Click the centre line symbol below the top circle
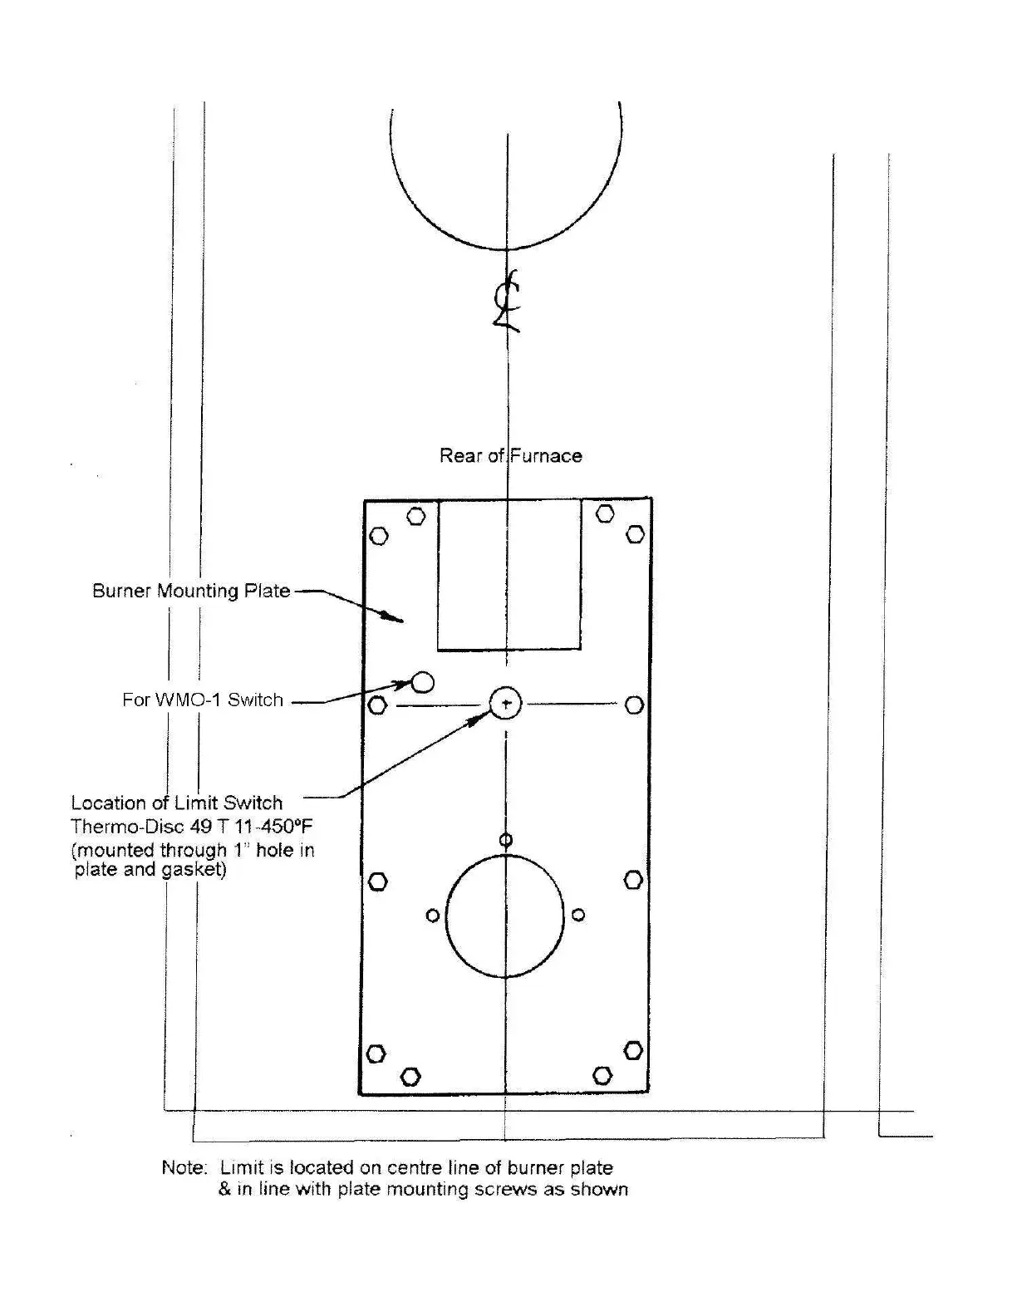coord(506,302)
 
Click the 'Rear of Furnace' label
coord(510,455)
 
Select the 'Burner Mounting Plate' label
coord(191,591)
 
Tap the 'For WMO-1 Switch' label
coord(203,700)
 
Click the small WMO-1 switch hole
coord(423,682)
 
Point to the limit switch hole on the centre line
coord(505,704)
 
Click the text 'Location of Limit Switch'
coord(176,803)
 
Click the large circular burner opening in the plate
coord(504,915)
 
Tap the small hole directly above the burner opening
coord(505,840)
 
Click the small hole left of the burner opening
coord(432,916)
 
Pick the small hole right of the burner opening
coord(578,915)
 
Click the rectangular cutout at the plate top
coord(509,574)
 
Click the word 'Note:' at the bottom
coord(184,1167)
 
